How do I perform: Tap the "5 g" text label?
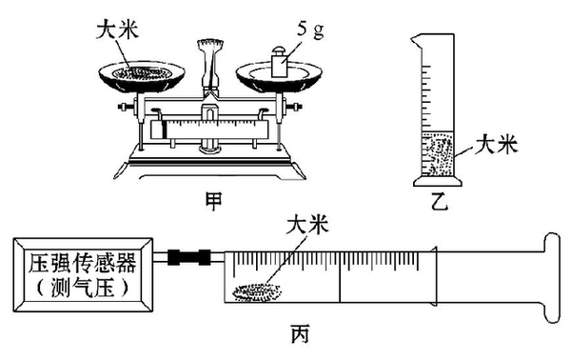[310, 30]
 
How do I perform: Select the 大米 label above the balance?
[117, 30]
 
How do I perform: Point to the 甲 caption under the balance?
[213, 201]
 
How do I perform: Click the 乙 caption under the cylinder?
[439, 201]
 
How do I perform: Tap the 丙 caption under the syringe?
[300, 334]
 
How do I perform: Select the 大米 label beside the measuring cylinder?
[496, 145]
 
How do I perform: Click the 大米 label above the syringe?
[307, 224]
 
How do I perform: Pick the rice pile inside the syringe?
[257, 291]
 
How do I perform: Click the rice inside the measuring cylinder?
[438, 155]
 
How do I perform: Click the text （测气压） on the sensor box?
[83, 288]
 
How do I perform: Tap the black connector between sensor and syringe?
[189, 257]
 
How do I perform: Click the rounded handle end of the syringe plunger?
[552, 278]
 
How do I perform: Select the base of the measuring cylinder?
[438, 181]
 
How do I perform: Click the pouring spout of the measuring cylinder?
[417, 39]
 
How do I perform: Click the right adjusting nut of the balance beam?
[293, 107]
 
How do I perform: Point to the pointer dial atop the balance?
[210, 46]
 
